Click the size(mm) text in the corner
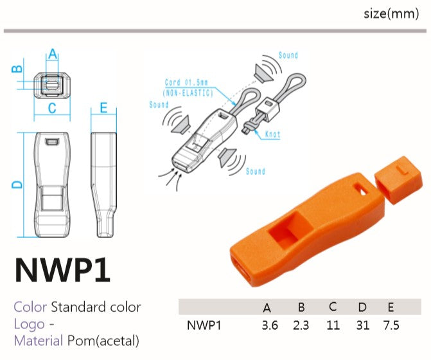pyautogui.click(x=391, y=14)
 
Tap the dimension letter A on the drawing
pyautogui.click(x=53, y=54)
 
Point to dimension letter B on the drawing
pyautogui.click(x=17, y=69)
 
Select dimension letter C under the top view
pyautogui.click(x=52, y=108)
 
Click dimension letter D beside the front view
pyautogui.click(x=17, y=184)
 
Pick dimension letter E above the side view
pyautogui.click(x=103, y=107)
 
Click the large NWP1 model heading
pyautogui.click(x=63, y=270)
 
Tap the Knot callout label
pyautogui.click(x=273, y=134)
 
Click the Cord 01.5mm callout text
pyautogui.click(x=186, y=82)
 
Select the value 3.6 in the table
pyautogui.click(x=270, y=325)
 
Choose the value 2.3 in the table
pyautogui.click(x=301, y=325)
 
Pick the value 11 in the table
pyautogui.click(x=333, y=325)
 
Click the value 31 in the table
pyautogui.click(x=362, y=325)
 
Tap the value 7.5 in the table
pyautogui.click(x=391, y=325)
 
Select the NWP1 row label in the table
pyautogui.click(x=204, y=325)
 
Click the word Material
pyautogui.click(x=39, y=341)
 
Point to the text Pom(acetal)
pyautogui.click(x=103, y=341)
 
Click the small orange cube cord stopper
pyautogui.click(x=399, y=180)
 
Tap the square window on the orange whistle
pyautogui.click(x=290, y=230)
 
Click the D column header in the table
pyautogui.click(x=362, y=307)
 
